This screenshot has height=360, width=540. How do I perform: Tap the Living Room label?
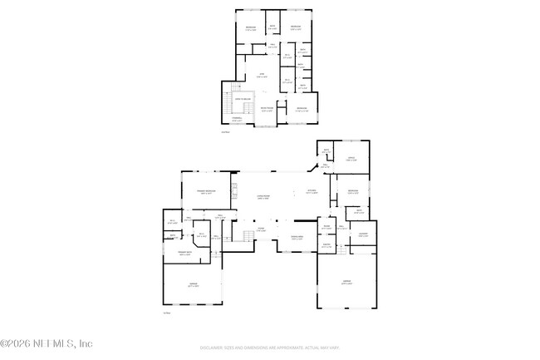(x=263, y=197)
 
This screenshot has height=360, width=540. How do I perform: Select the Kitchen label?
(x=312, y=191)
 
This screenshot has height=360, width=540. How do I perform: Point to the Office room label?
(x=351, y=158)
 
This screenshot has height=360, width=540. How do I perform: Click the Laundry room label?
(x=363, y=234)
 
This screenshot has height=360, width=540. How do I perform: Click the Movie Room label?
(x=267, y=109)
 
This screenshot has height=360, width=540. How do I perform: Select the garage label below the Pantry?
(x=346, y=283)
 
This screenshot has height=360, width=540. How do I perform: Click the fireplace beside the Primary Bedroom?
(x=234, y=197)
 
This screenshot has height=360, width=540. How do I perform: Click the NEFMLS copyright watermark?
(x=47, y=343)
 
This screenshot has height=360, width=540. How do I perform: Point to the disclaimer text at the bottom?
(x=269, y=348)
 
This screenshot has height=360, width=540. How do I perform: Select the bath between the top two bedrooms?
(x=272, y=28)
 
